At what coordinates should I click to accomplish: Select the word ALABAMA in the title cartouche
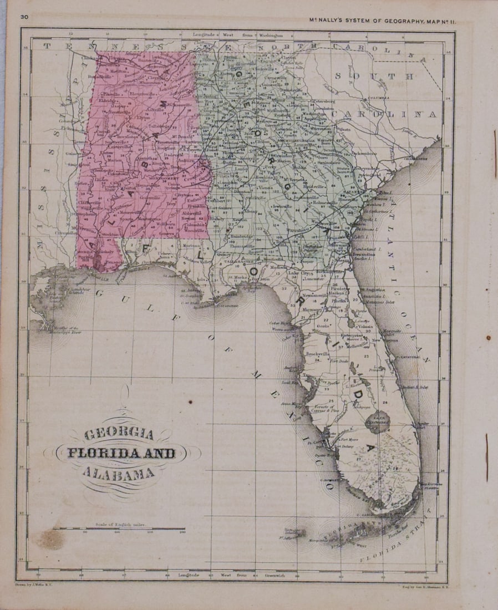click(118, 473)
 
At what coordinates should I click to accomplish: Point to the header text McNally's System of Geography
click(388, 21)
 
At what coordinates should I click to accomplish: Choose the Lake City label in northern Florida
click(299, 273)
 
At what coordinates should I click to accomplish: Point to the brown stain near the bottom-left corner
click(50, 537)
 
